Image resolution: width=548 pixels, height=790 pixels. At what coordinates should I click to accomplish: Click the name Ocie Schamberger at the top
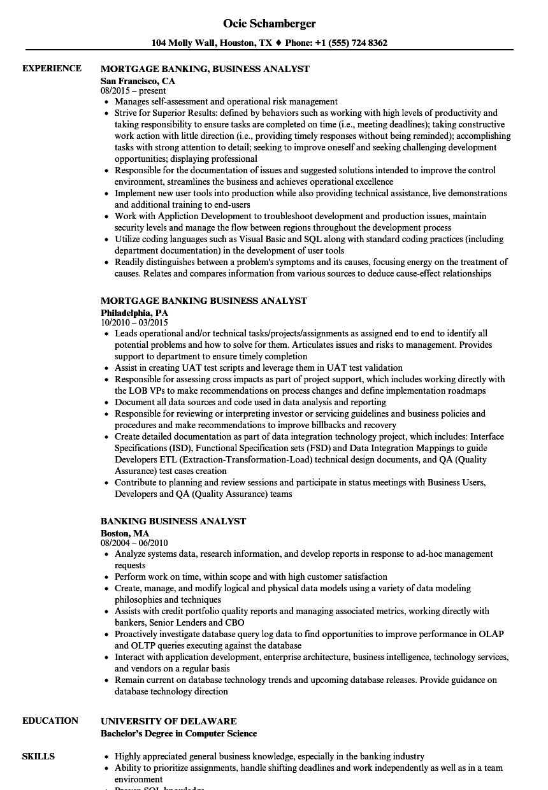[x=270, y=24]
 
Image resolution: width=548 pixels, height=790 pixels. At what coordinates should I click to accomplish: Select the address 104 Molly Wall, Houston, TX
[x=212, y=43]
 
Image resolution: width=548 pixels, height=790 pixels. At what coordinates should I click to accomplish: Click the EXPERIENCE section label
[x=52, y=69]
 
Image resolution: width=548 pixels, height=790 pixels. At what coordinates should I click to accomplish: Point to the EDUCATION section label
[x=50, y=721]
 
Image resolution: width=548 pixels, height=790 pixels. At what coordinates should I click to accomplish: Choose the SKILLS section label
[x=38, y=756]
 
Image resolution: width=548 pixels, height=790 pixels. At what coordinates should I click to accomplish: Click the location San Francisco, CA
[x=138, y=81]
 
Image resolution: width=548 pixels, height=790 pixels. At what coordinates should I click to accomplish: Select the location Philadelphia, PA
[x=134, y=313]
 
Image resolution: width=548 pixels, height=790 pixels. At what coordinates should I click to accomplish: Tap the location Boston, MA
[x=125, y=533]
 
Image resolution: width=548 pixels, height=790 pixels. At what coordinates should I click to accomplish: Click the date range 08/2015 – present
[x=133, y=90]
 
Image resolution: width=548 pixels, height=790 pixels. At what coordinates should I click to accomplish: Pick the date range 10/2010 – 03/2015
[x=134, y=322]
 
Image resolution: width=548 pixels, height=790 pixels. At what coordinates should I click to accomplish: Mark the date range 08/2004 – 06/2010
[x=134, y=543]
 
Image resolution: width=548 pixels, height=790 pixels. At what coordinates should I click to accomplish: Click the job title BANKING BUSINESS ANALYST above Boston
[x=173, y=521]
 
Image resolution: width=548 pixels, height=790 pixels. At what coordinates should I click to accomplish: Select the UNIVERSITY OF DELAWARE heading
[x=169, y=721]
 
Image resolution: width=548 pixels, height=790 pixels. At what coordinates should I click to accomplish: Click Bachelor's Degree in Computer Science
[x=178, y=733]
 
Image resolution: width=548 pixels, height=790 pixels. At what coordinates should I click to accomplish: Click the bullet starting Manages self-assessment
[x=226, y=101]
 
